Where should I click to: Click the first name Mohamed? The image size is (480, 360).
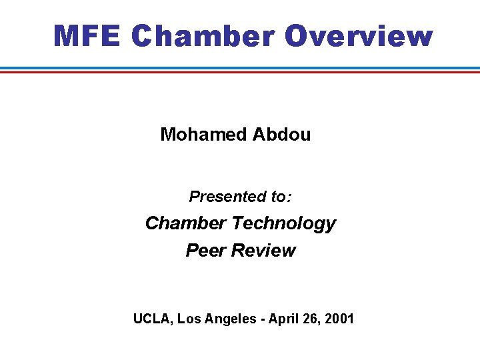point(203,135)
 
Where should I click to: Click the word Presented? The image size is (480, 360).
point(227,197)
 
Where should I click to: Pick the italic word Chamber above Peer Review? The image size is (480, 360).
point(186,223)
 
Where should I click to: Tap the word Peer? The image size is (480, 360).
point(205,251)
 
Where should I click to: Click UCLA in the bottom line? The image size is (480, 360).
point(153,319)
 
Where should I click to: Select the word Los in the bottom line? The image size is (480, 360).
point(190,319)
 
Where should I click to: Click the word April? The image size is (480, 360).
point(284,319)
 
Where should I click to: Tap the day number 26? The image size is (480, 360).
point(311,319)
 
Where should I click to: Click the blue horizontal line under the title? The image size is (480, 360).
point(240,68)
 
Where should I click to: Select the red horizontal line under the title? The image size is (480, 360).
point(240,72)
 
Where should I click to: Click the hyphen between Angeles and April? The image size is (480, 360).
point(262,319)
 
